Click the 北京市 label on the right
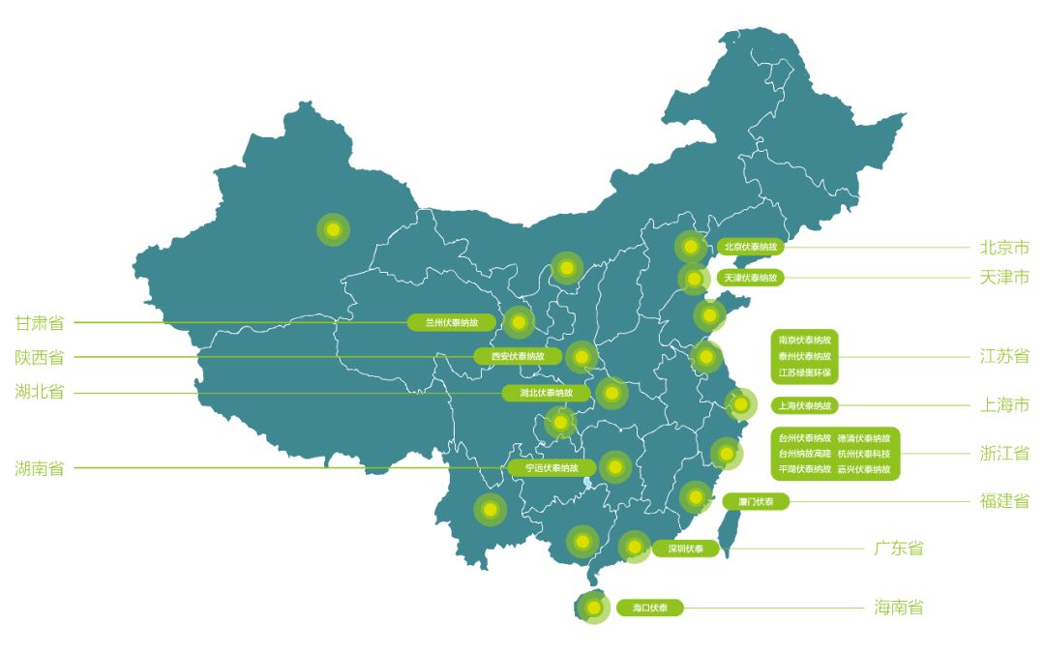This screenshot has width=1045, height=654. (x=1004, y=248)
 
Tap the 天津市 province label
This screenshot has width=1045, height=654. (x=1004, y=278)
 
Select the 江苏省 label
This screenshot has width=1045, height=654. (x=1004, y=356)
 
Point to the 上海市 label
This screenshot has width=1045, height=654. (x=1004, y=405)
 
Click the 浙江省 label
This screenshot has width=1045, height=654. (x=1004, y=453)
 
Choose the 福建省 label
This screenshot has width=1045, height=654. (x=1004, y=501)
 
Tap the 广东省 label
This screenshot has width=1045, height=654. (x=899, y=549)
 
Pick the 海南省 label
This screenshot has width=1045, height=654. (x=899, y=608)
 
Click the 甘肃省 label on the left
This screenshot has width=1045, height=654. (x=40, y=322)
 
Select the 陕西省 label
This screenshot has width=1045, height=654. (x=40, y=357)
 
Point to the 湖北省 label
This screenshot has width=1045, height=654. (x=40, y=393)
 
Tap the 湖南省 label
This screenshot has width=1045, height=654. (x=40, y=468)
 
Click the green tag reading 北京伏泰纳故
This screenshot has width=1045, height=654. (x=750, y=247)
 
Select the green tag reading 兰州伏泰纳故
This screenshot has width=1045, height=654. (x=451, y=322)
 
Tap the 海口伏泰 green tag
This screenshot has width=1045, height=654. (x=649, y=608)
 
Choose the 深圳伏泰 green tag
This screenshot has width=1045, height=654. (x=685, y=549)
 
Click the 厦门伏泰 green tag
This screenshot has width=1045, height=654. (x=756, y=501)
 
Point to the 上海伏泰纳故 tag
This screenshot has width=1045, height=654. (x=804, y=405)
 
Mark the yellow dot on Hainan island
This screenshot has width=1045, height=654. (x=593, y=608)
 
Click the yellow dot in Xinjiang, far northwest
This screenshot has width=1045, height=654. (x=333, y=229)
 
